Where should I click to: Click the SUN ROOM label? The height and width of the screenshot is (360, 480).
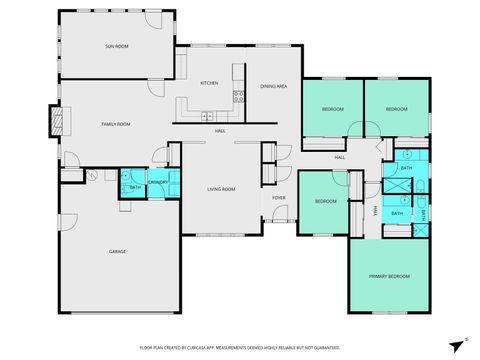coord(117,47)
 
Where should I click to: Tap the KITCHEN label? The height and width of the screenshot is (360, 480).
coord(209,83)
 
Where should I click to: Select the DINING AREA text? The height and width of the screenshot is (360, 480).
coord(275,87)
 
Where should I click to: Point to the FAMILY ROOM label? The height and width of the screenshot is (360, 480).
coord(116,124)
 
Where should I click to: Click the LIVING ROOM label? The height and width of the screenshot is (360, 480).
coord(221,188)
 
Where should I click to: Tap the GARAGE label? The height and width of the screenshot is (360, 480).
coord(118,252)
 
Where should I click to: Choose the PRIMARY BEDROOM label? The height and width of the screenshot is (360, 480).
coord(389,276)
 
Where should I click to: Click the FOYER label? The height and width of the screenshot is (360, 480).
coord(279,198)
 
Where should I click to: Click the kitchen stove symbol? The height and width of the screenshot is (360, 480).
coord(239,97)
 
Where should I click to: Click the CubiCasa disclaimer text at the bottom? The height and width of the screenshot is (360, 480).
coord(239,347)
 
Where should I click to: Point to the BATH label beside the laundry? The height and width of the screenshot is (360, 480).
coord(134,187)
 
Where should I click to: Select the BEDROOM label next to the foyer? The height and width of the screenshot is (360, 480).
coord(326,201)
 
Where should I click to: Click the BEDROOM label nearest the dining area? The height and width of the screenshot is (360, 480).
coord(332,108)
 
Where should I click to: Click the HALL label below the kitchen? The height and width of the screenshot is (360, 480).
coord(219,131)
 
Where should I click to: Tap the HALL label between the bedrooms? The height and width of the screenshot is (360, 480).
coord(339,157)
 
